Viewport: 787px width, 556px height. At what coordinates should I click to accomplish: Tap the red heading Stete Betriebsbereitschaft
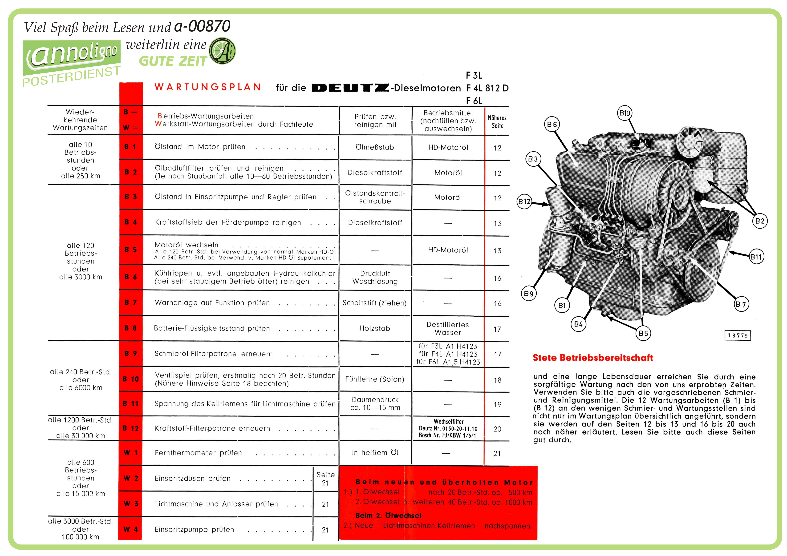click(x=593, y=358)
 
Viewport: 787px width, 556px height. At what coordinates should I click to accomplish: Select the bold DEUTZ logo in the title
click(x=350, y=88)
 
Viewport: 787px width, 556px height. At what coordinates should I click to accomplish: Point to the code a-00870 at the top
click(x=202, y=26)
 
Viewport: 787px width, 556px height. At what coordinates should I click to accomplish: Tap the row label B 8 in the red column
click(x=131, y=328)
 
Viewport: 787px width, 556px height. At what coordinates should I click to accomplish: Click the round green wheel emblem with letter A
click(x=222, y=51)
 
